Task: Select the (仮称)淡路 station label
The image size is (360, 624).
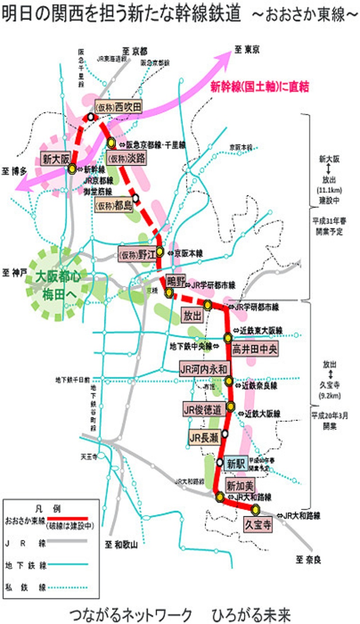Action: [126, 158]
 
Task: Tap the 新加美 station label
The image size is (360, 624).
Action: [240, 486]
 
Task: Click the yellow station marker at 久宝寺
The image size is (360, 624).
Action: [256, 510]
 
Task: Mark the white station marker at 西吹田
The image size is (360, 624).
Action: [90, 117]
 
